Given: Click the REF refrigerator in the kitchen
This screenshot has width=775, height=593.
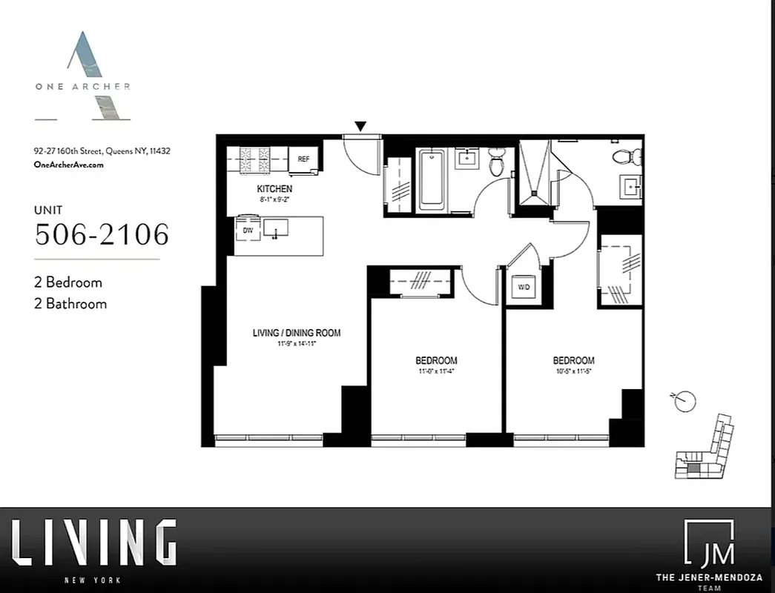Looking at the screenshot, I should point(304,159).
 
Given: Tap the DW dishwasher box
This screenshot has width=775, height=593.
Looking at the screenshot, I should point(248,231).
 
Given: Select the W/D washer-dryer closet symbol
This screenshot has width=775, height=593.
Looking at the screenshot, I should point(524,287).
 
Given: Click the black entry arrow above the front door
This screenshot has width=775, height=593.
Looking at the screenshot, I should point(360,127).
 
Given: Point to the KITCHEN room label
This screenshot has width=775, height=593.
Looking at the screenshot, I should point(274,189).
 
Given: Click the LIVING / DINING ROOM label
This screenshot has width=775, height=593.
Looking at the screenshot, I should point(297,333).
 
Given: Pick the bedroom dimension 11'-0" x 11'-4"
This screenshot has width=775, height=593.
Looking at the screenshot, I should point(435,371).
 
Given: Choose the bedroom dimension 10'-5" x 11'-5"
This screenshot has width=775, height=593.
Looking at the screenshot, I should point(573,371).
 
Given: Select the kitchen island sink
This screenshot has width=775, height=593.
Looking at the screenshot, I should point(276,229).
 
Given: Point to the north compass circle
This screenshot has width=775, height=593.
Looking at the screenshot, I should point(687,401).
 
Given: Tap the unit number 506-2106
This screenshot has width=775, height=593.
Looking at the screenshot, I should point(102,234).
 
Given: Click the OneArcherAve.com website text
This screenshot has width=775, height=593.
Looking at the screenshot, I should point(69,165).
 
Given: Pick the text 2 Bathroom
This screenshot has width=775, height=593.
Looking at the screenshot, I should point(71,303).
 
